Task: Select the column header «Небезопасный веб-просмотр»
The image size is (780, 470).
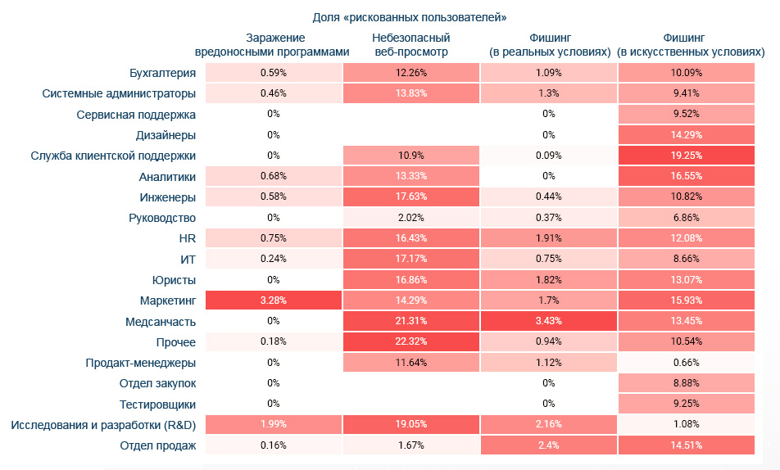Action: [411, 45]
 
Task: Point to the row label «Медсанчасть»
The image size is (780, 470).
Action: [161, 321]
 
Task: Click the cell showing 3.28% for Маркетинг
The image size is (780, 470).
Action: [273, 301]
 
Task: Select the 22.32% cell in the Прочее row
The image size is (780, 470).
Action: [411, 341]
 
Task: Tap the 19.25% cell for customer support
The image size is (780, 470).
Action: [686, 156]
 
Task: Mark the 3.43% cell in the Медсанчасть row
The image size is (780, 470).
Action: [549, 321]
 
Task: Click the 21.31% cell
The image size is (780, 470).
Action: [411, 321]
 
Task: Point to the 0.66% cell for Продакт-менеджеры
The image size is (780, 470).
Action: [686, 363]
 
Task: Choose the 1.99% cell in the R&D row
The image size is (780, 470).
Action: [273, 424]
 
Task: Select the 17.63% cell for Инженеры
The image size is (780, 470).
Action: [411, 197]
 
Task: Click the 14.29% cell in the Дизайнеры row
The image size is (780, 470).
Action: [686, 135]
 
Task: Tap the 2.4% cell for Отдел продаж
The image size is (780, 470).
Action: [549, 445]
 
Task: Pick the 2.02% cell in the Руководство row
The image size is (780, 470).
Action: [411, 218]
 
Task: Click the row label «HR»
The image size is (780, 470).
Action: [186, 238]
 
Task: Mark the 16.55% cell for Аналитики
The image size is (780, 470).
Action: [686, 176]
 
